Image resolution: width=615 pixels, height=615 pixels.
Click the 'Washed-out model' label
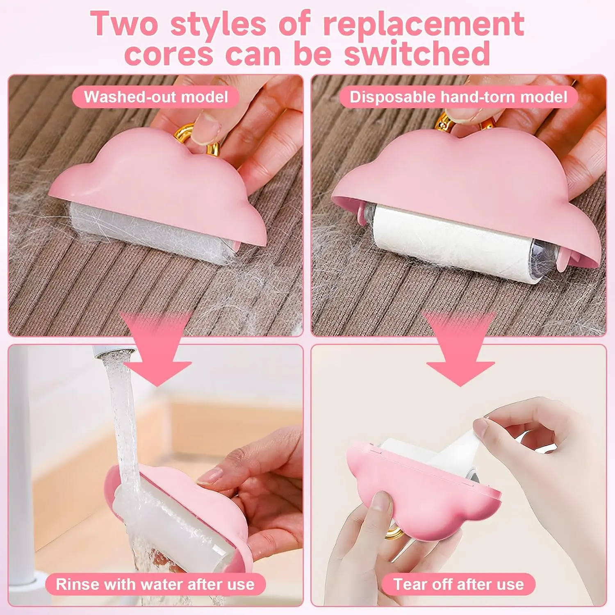[156, 97]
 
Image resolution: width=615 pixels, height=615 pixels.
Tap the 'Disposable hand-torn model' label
[458, 97]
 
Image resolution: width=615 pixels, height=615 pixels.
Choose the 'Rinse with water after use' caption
[155, 584]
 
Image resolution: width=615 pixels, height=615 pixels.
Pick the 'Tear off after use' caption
[458, 584]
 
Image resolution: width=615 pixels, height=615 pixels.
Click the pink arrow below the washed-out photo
[156, 348]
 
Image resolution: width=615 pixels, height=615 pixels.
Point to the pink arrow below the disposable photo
[460, 348]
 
